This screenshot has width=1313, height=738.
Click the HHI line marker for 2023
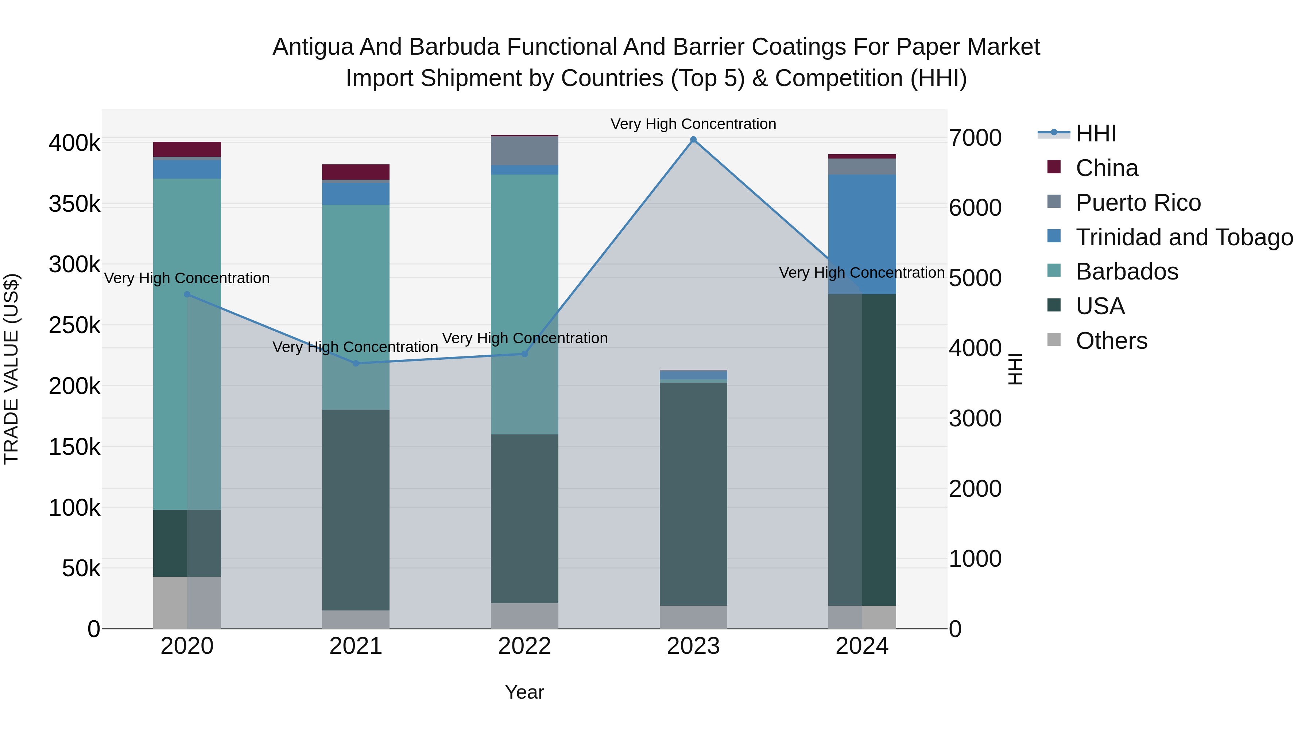pos(693,140)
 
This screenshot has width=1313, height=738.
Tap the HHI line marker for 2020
pos(187,294)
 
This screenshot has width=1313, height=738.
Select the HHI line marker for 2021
pos(356,363)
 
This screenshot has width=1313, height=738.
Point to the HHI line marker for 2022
pos(524,354)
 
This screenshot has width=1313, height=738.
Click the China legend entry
pos(1107,168)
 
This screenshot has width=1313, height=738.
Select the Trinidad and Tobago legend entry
pos(1184,237)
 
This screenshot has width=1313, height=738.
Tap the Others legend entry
pos(1111,341)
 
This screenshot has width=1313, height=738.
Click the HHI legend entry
pos(1096,133)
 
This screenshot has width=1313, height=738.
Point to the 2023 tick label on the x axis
pos(693,646)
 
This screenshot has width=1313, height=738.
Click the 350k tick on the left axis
pos(74,204)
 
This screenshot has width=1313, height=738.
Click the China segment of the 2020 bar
pos(187,149)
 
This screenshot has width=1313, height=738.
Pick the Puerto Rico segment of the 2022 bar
pos(524,151)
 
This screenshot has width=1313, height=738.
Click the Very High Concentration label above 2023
pos(693,124)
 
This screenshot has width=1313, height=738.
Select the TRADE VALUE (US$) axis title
pos(11,369)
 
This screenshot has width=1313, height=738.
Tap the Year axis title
pos(524,692)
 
